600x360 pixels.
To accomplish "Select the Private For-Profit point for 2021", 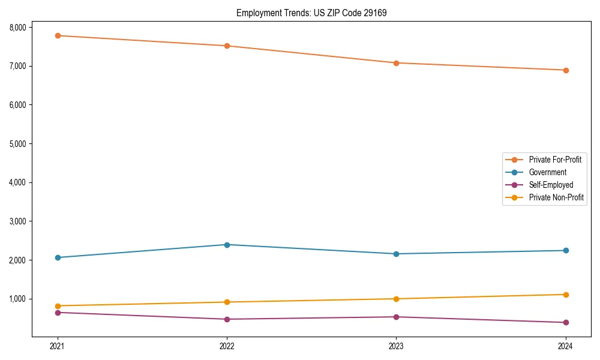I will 58,36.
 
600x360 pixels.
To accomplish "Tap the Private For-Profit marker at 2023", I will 396,63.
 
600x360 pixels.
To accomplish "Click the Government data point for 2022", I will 227,245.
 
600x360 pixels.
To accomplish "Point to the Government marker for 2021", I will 58,257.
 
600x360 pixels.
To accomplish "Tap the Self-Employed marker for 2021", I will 58,313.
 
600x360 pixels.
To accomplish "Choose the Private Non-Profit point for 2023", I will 396,299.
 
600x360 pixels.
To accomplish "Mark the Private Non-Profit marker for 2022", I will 227,302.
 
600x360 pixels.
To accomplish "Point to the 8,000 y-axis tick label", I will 18,28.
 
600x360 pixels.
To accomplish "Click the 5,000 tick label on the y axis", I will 18,144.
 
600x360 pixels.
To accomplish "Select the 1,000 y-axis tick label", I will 18,299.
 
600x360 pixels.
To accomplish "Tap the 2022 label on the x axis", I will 227,346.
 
